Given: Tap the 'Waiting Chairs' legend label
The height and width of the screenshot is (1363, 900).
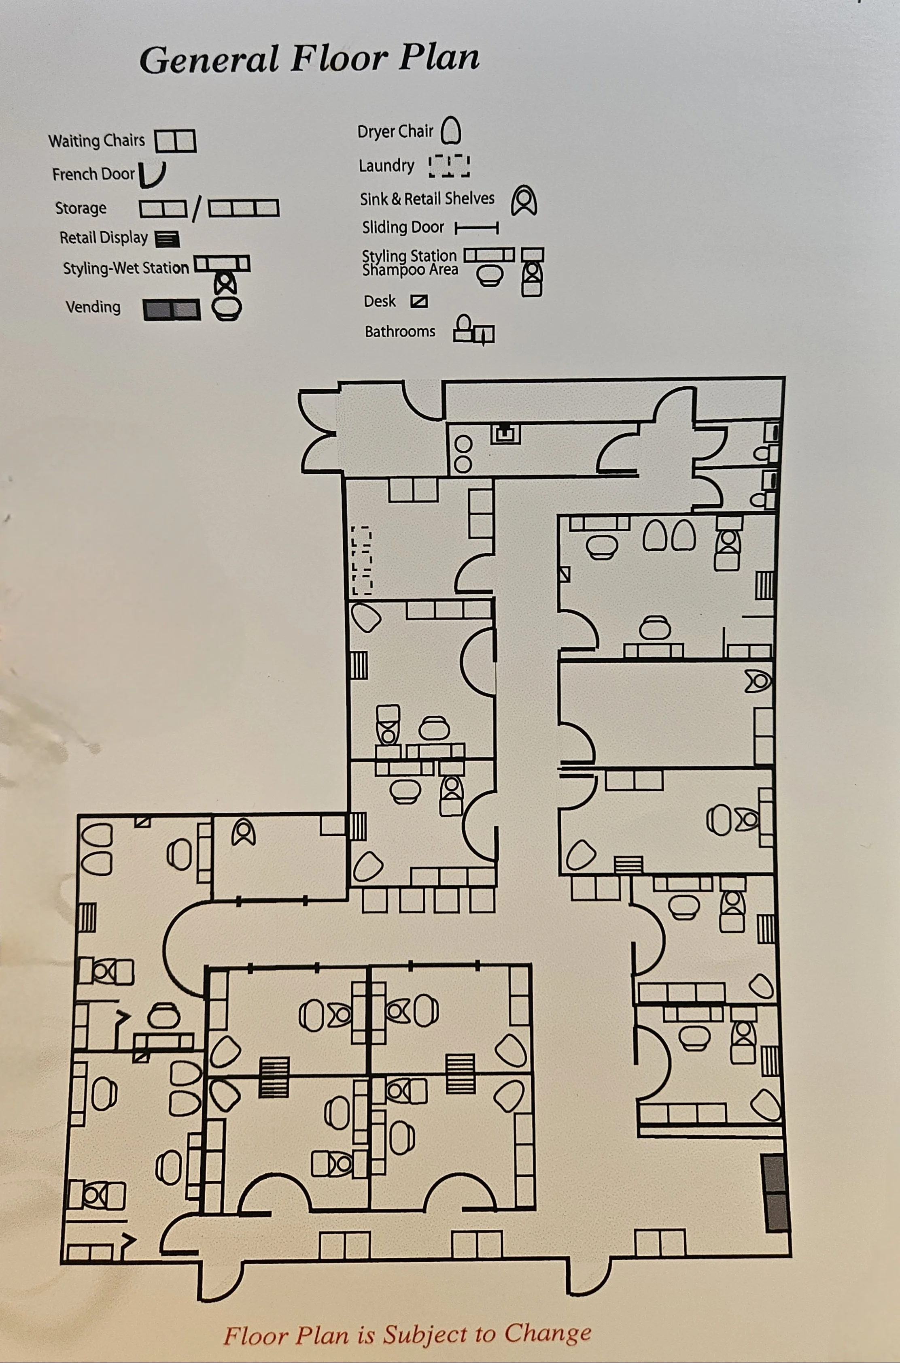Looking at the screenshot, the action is (96, 141).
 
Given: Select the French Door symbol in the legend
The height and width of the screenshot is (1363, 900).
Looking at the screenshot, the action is (153, 175).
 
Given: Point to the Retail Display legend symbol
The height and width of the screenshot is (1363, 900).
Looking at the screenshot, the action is (167, 239).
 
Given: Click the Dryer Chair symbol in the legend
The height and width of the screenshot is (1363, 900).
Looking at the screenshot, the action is (451, 130).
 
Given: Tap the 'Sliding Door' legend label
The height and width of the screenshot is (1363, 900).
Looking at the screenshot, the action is (403, 228).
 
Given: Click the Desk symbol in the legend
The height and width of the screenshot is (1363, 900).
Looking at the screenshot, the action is (419, 301).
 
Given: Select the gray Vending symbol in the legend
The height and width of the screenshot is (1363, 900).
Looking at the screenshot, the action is (172, 310).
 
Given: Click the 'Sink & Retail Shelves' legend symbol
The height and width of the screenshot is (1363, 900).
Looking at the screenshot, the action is (524, 200).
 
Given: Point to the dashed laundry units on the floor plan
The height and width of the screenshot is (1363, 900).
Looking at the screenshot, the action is (362, 560).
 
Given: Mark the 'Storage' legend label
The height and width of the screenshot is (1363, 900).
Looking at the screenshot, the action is (81, 208).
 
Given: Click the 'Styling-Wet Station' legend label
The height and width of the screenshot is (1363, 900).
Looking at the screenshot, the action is (126, 268).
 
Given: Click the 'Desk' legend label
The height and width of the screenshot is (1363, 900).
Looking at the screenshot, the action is (380, 301).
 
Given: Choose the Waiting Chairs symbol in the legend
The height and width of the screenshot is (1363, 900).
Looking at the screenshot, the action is (176, 141).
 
